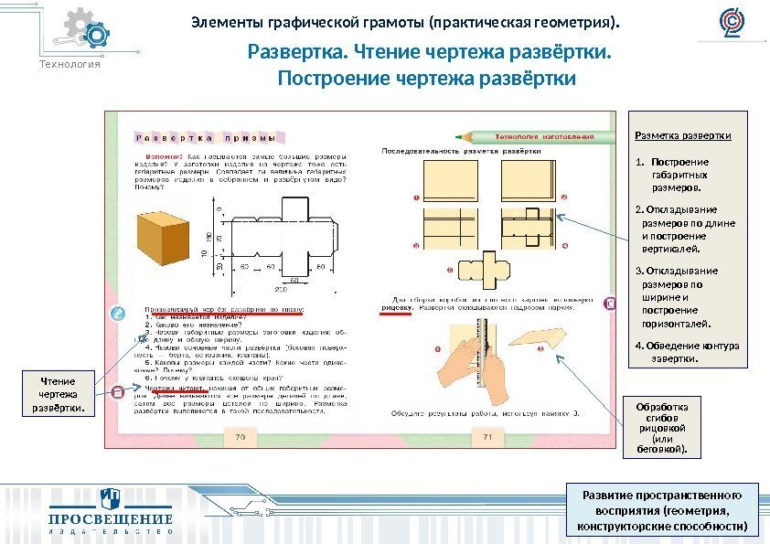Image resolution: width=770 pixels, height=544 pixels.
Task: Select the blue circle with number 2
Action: (x=116, y=315)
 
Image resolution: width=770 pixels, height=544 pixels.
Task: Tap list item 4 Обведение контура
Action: (x=686, y=352)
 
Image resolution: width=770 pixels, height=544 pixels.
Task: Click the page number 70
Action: (x=241, y=438)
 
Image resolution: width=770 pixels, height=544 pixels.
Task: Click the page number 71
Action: (x=487, y=438)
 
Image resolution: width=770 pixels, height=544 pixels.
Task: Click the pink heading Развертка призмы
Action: (x=206, y=139)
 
